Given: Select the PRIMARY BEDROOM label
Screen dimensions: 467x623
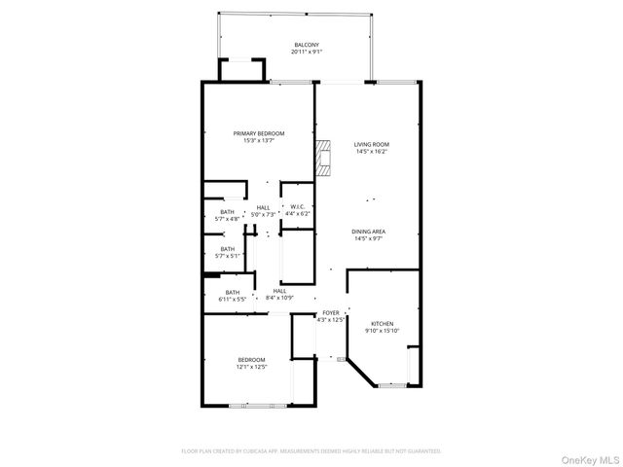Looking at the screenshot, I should click(x=258, y=133).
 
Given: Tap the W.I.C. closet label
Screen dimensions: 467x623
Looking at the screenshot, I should click(x=297, y=206).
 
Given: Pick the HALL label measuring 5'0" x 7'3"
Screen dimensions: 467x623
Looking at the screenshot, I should click(x=264, y=206).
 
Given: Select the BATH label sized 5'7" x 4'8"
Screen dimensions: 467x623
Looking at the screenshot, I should click(x=227, y=212).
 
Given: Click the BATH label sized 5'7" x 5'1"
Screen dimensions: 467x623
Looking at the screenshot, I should click(x=227, y=248).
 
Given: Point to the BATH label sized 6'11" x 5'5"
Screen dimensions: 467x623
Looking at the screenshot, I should click(x=233, y=292).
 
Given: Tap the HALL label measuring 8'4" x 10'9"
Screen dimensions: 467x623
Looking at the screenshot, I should click(x=279, y=291).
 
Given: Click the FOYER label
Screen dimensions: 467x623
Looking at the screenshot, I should click(x=332, y=312).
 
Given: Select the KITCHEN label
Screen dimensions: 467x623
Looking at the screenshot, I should click(x=382, y=323).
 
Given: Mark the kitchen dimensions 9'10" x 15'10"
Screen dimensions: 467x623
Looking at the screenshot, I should click(x=382, y=331).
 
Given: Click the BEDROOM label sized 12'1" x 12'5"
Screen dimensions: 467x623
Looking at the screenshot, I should click(x=251, y=360).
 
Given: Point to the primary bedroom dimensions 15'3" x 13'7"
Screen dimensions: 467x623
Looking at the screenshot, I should click(x=258, y=141).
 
